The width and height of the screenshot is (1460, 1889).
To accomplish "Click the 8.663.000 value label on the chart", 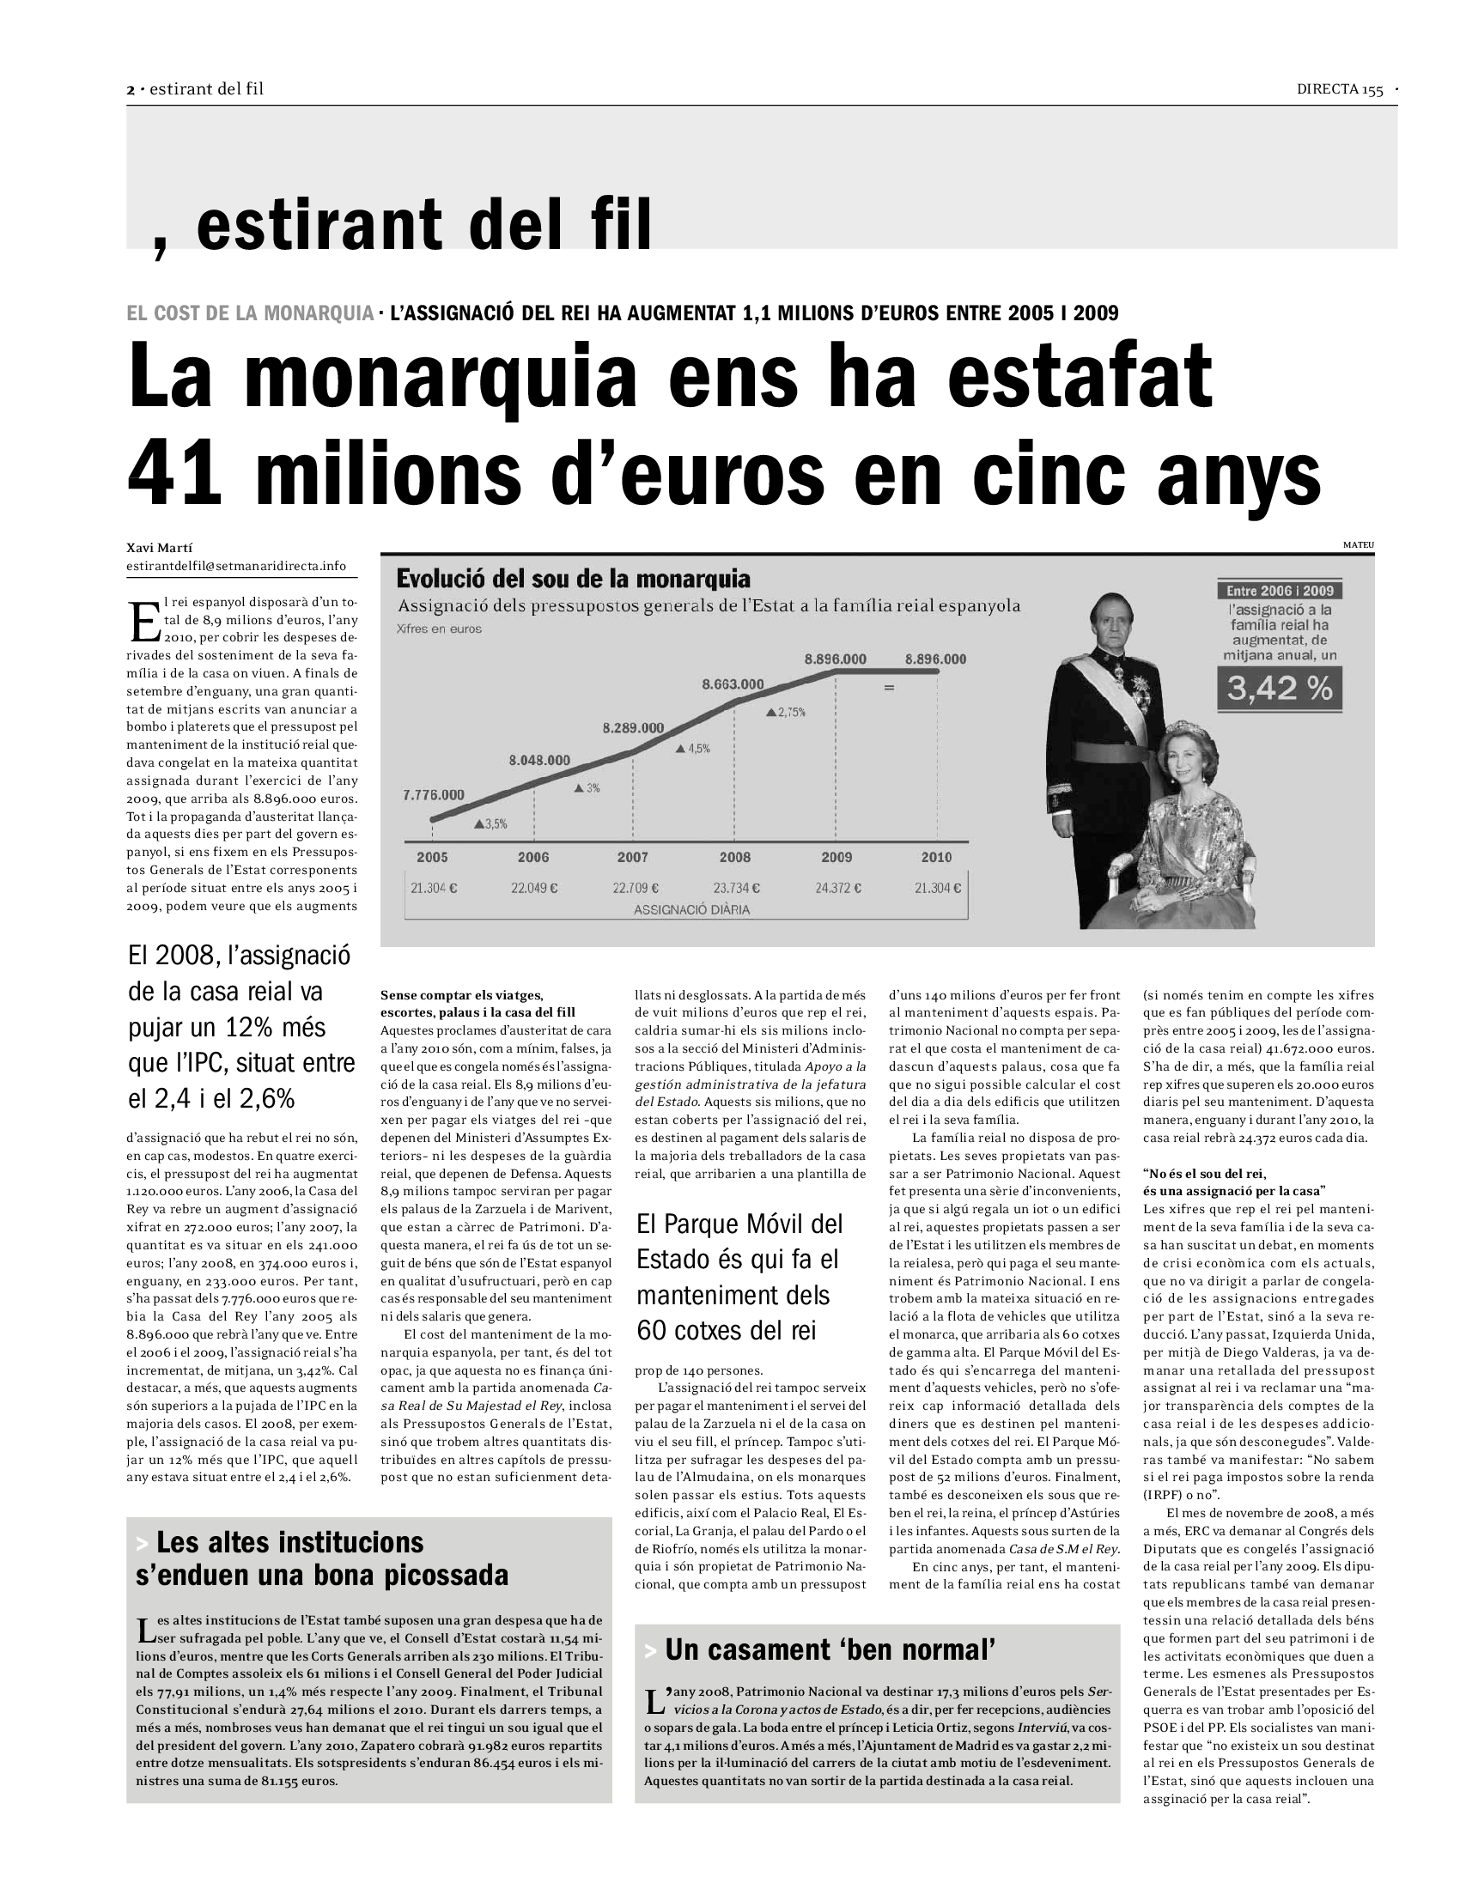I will click(x=733, y=684).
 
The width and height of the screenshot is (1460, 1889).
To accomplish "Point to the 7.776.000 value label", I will click(x=434, y=794).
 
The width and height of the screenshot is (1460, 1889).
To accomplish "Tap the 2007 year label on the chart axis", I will click(x=632, y=857).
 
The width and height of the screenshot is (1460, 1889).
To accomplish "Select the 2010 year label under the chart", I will click(x=936, y=857).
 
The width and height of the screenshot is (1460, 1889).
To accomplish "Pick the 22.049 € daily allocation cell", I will click(x=533, y=888).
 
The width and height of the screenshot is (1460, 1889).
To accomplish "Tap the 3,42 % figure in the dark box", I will click(x=1280, y=689).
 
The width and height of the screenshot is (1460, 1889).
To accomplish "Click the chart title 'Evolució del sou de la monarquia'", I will click(x=573, y=578).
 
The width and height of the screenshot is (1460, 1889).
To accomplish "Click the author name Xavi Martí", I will click(x=159, y=548).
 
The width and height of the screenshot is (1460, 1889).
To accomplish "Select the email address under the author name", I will click(x=236, y=566).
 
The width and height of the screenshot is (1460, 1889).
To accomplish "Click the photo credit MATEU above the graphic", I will click(x=1358, y=545).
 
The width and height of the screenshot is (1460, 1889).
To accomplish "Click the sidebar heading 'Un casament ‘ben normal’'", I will click(x=830, y=1650).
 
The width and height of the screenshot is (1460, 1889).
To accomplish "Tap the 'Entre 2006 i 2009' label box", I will click(x=1280, y=591).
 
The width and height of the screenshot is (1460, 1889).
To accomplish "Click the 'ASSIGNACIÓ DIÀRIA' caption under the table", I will click(x=691, y=910).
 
